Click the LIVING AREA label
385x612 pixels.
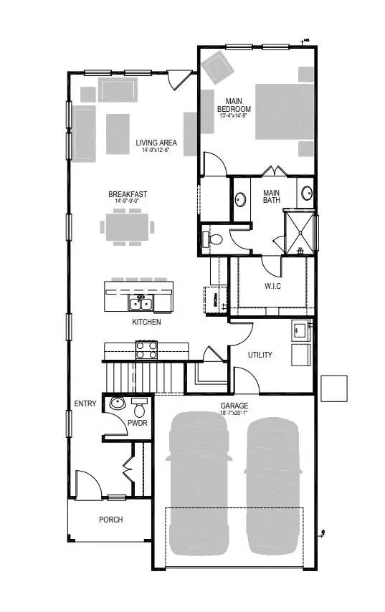point(156,143)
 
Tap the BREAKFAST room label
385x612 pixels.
point(128,193)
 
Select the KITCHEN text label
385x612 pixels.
point(146,322)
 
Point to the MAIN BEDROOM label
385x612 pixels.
point(234,105)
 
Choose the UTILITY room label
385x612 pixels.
point(260,355)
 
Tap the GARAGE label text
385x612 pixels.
point(234,405)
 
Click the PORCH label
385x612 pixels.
point(111,520)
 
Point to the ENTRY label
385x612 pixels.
point(85,403)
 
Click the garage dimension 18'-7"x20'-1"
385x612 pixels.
point(234,413)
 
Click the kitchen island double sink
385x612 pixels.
point(139,303)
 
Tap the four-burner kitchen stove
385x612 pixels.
point(147,350)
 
